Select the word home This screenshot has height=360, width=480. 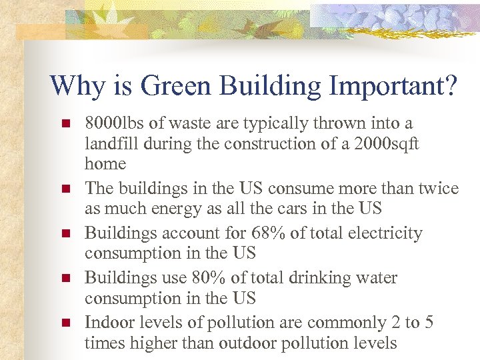click(105, 164)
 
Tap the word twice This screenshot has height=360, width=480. click(435, 189)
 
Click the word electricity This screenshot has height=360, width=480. click(385, 233)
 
